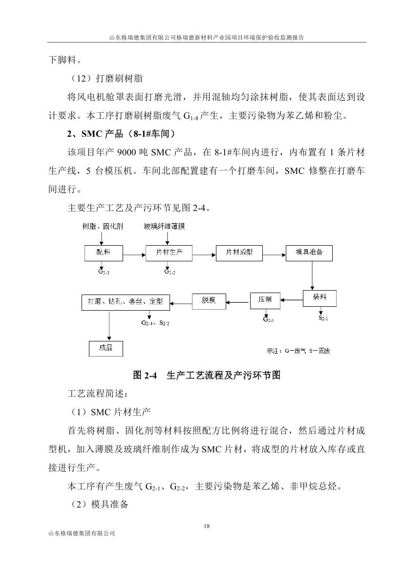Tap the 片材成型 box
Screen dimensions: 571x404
pos(239,253)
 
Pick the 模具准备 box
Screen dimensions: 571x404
pos(309,253)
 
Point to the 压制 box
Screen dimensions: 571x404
pos(265,300)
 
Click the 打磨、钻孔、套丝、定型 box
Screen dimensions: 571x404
pos(126,301)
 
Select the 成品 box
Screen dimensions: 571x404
pos(106,348)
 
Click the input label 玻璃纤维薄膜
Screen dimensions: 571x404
pos(165,227)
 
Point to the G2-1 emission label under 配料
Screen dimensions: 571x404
pos(103,272)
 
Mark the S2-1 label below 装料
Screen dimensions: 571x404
pos(323,318)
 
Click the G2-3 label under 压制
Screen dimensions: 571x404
pos(268,319)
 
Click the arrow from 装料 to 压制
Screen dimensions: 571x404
pos(292,299)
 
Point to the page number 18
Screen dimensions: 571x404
pos(207,526)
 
